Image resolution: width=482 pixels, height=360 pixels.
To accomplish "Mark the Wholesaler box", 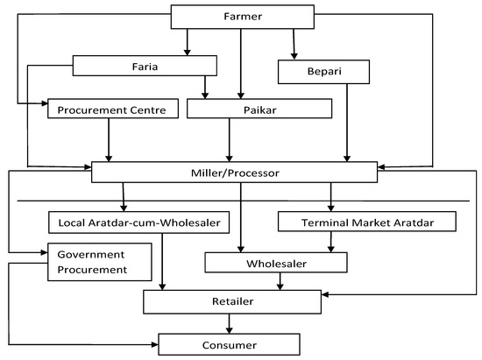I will coord(275,261).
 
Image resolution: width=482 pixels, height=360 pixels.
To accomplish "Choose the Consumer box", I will coord(229,342).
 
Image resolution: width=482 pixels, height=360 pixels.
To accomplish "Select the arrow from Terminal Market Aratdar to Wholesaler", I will coord(330,242).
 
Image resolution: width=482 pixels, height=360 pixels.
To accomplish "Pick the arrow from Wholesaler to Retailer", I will coord(280,280).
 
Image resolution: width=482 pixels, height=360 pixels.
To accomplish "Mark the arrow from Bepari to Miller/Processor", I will coord(348,122).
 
